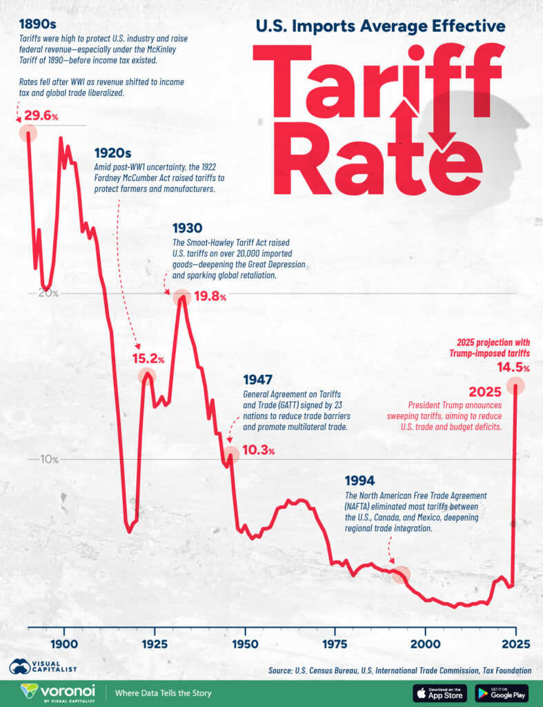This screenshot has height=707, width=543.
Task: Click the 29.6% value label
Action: click(39, 115)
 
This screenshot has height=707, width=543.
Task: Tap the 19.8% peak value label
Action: click(208, 297)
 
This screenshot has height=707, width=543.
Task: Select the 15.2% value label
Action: click(148, 359)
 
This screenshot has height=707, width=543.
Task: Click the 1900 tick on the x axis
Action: click(64, 643)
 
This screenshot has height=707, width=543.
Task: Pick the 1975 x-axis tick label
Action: click(335, 643)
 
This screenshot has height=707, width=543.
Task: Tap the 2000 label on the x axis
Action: click(426, 643)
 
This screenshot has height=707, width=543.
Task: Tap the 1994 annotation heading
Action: click(359, 481)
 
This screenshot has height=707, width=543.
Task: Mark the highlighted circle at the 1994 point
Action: click(402, 574)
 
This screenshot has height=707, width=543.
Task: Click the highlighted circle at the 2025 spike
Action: click(515, 385)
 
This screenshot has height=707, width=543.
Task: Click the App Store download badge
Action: click(440, 693)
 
